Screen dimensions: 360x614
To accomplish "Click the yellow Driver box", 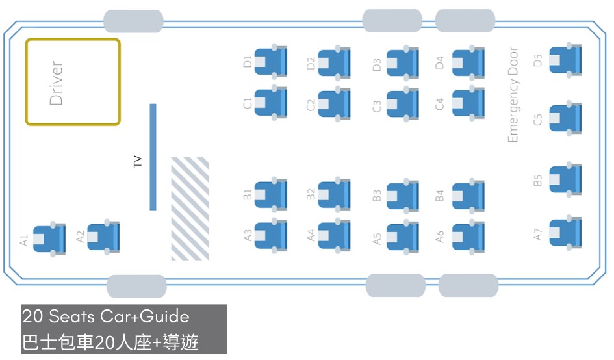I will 73,82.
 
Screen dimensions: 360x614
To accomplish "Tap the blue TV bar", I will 153,157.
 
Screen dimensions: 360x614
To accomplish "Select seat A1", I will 49,239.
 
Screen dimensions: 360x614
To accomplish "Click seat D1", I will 270,62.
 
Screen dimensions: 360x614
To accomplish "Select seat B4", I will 468,195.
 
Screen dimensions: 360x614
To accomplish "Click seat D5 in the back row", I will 565,60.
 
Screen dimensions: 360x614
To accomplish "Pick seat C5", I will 565,118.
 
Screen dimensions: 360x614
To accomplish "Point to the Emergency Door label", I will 514,95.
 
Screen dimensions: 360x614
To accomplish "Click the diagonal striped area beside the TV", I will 190,209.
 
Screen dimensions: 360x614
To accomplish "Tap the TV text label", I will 137,162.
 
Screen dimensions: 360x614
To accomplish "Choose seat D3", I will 403,64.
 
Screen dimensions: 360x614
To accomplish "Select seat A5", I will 403,237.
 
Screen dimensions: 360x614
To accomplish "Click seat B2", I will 334,194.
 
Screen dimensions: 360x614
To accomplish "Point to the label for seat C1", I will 247,104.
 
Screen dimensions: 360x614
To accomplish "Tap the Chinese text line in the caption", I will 110,342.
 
